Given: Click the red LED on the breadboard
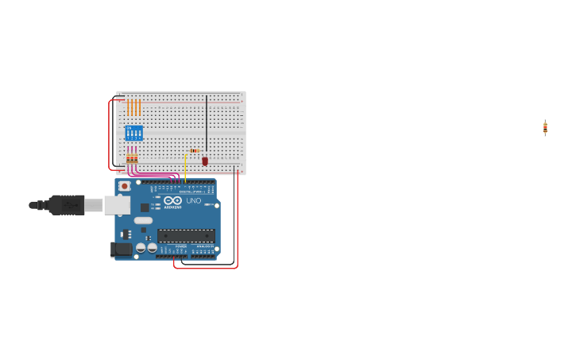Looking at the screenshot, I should (x=204, y=161).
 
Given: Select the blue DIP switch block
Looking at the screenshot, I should (x=133, y=133).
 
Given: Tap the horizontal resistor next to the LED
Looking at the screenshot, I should (x=195, y=150).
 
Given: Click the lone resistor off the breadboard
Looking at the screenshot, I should (x=545, y=128).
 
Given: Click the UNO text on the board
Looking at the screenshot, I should (x=193, y=201).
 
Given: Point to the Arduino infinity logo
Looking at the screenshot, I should (x=172, y=201).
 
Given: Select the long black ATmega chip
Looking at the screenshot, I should (x=186, y=235).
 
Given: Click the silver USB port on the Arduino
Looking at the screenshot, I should (x=117, y=205).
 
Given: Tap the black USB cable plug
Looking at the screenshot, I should (x=67, y=205).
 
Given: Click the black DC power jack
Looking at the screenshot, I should (x=121, y=250).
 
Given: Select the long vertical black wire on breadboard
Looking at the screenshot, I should (x=207, y=123).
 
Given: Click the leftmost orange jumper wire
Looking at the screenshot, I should (x=128, y=107).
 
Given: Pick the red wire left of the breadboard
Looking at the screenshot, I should (x=109, y=135).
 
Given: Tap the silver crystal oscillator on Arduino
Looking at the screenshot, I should (x=143, y=220).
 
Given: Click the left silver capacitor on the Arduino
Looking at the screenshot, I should (x=141, y=248).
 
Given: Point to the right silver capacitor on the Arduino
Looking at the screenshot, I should (x=152, y=248).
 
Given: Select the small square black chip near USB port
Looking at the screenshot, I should (x=145, y=207).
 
